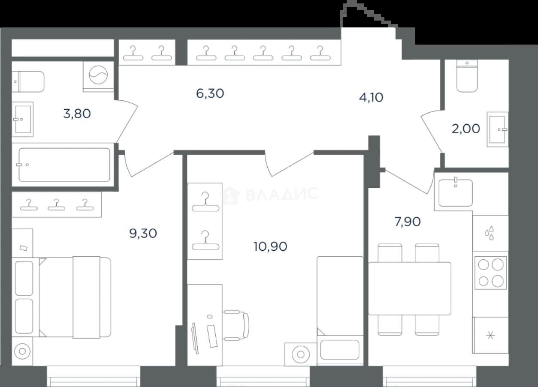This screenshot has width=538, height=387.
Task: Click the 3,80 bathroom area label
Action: pyautogui.click(x=77, y=114)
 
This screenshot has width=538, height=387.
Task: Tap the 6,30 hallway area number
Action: pyautogui.click(x=210, y=93)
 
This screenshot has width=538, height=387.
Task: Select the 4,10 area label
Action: pyautogui.click(x=371, y=97)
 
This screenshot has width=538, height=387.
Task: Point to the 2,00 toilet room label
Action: pyautogui.click(x=465, y=129)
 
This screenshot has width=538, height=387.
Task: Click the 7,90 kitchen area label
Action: pyautogui.click(x=408, y=222)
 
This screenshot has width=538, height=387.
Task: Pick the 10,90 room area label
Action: pyautogui.click(x=270, y=246)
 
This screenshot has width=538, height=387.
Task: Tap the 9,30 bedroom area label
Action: pyautogui.click(x=143, y=233)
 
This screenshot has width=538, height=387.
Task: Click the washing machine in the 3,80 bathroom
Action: pyautogui.click(x=98, y=75)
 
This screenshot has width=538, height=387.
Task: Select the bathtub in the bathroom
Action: pyautogui.click(x=64, y=165)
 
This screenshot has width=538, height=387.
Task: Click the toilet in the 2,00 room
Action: pyautogui.click(x=467, y=76)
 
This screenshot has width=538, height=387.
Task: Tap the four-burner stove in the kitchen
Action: pyautogui.click(x=491, y=273)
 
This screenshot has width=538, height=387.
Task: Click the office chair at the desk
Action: pyautogui.click(x=236, y=325)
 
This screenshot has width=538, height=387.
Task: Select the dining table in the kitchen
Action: pyautogui.click(x=410, y=288)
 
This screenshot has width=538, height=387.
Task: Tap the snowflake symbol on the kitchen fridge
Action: pyautogui.click(x=491, y=335)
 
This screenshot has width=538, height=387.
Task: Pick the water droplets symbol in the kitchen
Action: pyautogui.click(x=490, y=233)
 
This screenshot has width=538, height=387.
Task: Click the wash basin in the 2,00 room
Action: pyautogui.click(x=497, y=129)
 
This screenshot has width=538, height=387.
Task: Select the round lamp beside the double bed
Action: pyautogui.click(x=22, y=351)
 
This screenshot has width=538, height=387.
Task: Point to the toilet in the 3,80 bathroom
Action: pyautogui.click(x=28, y=81)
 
